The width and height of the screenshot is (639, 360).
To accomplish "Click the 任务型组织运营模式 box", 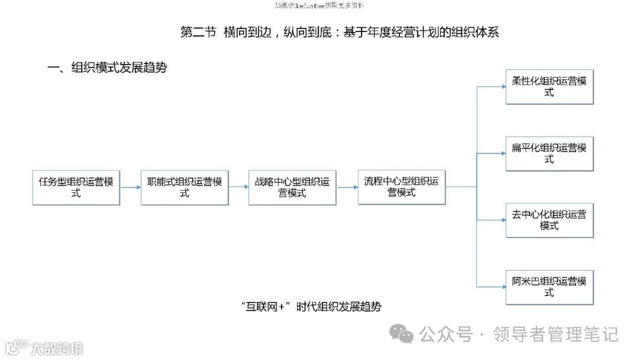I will tap(76, 188).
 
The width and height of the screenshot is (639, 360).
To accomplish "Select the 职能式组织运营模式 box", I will tap(185, 188).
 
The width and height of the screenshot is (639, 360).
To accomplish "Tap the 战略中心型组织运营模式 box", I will tap(292, 188).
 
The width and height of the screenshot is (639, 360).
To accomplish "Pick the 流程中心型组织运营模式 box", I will tap(402, 187).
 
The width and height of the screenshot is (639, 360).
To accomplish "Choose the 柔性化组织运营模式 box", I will tap(549, 87).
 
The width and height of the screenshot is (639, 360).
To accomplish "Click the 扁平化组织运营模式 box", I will tap(549, 154).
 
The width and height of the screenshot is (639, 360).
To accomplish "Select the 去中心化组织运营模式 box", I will tap(549, 220).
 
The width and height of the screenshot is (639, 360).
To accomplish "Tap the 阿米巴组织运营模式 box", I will tap(549, 287).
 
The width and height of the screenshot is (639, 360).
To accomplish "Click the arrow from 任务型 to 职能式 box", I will tap(130, 187).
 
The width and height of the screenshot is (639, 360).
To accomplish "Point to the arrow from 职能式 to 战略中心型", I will tap(238, 187).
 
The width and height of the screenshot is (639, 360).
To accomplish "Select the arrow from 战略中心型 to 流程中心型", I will tap(347, 187).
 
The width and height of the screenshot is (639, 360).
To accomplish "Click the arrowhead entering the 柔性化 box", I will tap(502, 86).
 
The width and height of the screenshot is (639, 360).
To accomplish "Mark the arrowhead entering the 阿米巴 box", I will tap(502, 287).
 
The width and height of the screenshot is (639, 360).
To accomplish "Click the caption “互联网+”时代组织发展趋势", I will tap(311, 307).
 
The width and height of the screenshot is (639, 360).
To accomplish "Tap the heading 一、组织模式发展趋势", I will tap(107, 67).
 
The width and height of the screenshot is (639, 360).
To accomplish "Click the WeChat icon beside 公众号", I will tap(405, 335).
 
